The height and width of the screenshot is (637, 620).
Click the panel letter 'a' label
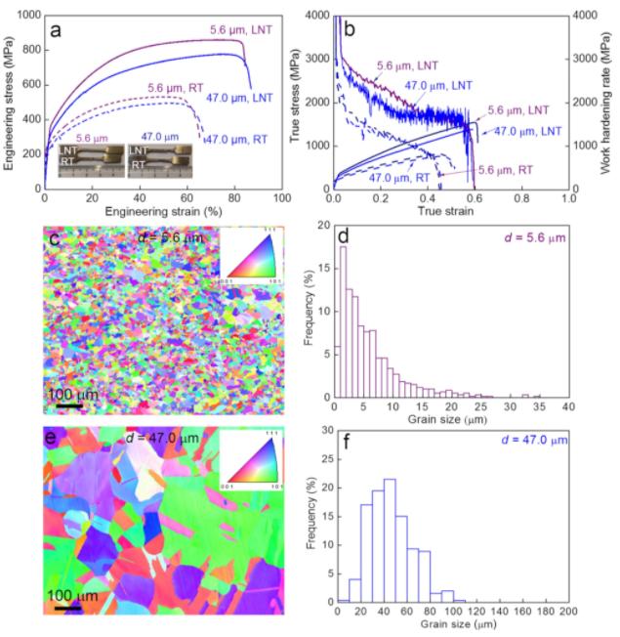tap(56, 30)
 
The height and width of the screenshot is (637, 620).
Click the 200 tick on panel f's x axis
tap(569, 614)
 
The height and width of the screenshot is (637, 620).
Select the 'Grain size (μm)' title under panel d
tap(451, 422)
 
